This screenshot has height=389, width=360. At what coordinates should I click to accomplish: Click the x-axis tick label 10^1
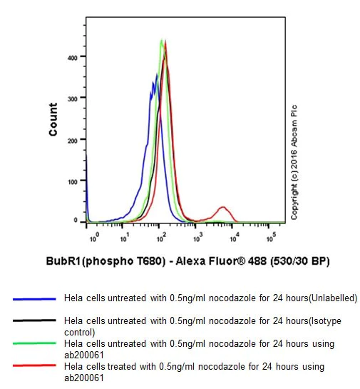125,235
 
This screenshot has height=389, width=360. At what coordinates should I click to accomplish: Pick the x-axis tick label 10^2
162,235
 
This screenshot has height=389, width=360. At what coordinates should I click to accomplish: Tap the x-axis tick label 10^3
198,235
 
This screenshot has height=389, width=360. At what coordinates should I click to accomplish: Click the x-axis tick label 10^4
235,235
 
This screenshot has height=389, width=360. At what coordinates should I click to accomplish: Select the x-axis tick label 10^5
271,235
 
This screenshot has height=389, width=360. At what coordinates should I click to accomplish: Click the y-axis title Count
53,119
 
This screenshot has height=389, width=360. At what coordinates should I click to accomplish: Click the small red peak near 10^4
224,208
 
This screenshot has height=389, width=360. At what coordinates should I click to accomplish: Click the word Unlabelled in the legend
331,298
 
